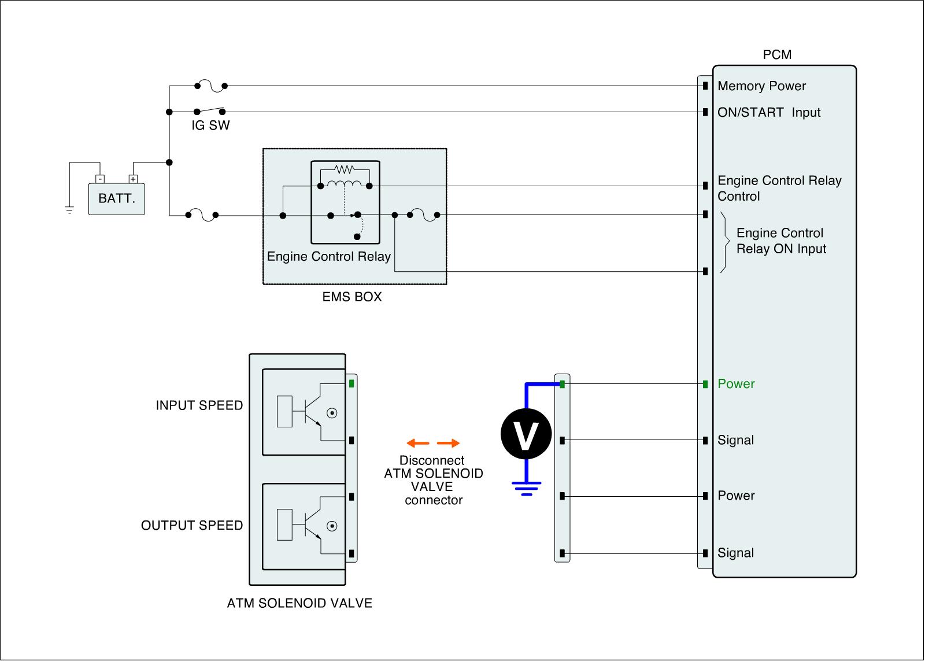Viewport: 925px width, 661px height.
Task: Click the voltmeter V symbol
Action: pyautogui.click(x=526, y=434)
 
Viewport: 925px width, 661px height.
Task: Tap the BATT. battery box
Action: pyautogui.click(x=116, y=198)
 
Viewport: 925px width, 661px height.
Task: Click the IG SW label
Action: pyautogui.click(x=210, y=125)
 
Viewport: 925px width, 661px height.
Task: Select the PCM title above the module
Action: pyautogui.click(x=777, y=55)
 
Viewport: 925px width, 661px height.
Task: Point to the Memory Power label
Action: pyautogui.click(x=761, y=86)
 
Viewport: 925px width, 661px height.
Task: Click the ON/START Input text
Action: pyautogui.click(x=768, y=112)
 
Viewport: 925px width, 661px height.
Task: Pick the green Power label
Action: pyautogui.click(x=736, y=384)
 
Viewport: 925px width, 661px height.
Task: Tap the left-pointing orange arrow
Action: pyautogui.click(x=417, y=444)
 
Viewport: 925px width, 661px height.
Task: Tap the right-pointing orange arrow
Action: pyautogui.click(x=449, y=444)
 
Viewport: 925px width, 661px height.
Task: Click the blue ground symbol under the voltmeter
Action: pyautogui.click(x=526, y=489)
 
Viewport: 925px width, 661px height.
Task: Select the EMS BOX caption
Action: pyautogui.click(x=352, y=297)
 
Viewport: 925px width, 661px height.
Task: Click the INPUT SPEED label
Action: pyautogui.click(x=199, y=405)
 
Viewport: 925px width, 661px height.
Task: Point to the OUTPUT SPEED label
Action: pyautogui.click(x=192, y=526)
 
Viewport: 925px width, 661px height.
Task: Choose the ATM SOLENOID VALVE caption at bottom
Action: pyautogui.click(x=299, y=603)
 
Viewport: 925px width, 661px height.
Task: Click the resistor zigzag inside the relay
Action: pyautogui.click(x=345, y=169)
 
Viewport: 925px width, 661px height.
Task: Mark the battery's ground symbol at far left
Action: pyautogui.click(x=69, y=209)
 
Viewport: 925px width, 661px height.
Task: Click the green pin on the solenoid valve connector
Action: pyautogui.click(x=351, y=383)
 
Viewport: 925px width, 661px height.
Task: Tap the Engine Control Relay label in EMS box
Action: pyautogui.click(x=329, y=256)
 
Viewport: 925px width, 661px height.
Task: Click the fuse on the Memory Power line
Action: pyautogui.click(x=211, y=86)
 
